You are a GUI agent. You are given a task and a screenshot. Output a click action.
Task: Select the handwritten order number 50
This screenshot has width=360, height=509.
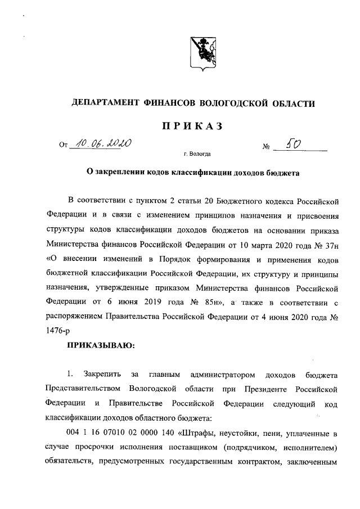point(294,145)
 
